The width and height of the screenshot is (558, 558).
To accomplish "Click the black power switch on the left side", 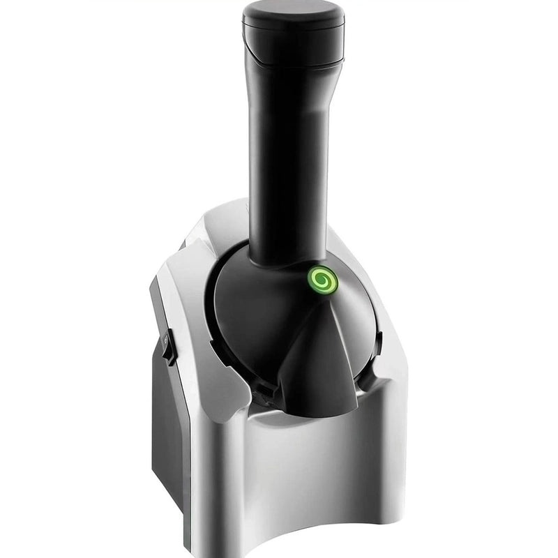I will pos(166,347).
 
